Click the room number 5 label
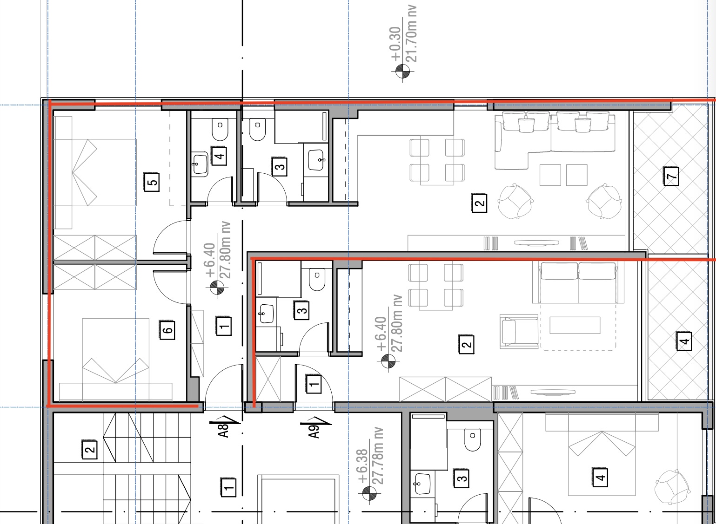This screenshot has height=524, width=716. [152, 182]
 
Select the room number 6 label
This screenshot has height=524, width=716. [167, 330]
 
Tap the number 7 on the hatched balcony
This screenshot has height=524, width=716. [671, 176]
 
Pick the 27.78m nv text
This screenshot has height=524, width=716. [377, 456]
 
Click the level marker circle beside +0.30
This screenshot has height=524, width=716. [402, 71]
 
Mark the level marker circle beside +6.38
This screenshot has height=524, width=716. [369, 493]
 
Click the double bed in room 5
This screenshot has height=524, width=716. [95, 172]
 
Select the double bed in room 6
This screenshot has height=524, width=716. [115, 360]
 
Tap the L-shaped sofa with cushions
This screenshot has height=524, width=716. [555, 140]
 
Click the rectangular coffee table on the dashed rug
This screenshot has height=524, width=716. [575, 325]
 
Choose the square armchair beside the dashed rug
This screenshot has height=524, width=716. [519, 331]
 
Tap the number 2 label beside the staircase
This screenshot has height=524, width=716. [89, 449]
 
